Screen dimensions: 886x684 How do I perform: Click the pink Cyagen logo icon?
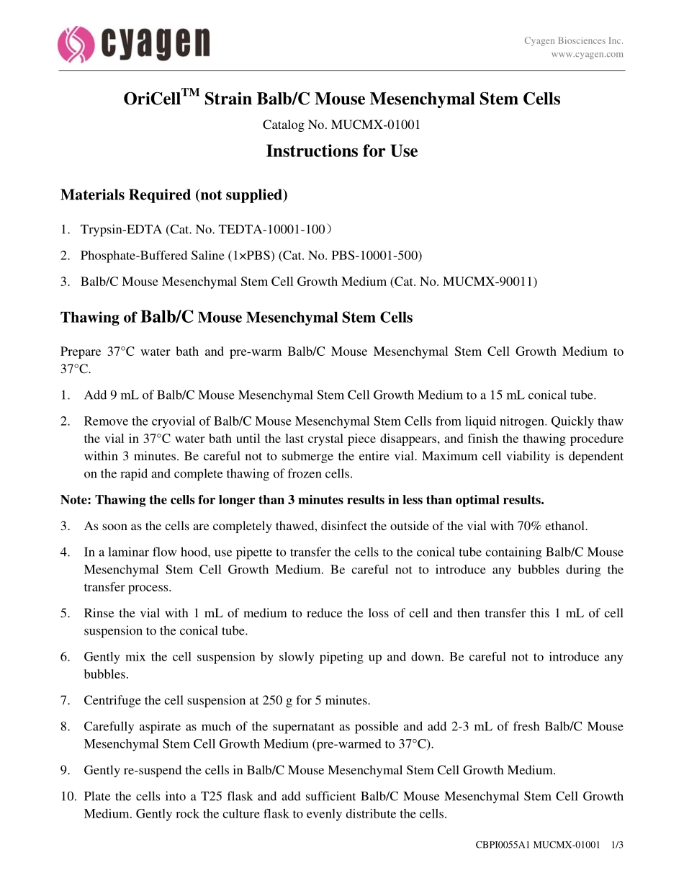[76, 44]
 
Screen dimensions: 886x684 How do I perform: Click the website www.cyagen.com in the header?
[587, 54]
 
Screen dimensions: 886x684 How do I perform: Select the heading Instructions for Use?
[341, 151]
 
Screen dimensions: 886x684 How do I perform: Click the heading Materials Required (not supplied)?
[174, 195]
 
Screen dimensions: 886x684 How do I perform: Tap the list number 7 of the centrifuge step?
[65, 700]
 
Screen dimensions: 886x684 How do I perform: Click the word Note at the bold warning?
[75, 500]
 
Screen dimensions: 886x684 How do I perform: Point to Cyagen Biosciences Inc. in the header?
[573, 41]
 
